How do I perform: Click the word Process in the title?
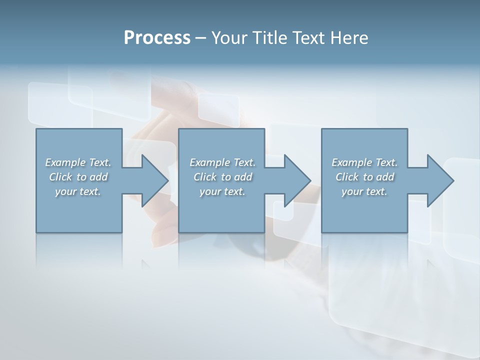[157, 38]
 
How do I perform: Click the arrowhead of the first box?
[154, 180]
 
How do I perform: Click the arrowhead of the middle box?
[296, 180]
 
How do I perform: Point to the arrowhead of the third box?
[439, 180]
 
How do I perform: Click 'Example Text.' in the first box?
[78, 162]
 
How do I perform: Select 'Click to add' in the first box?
[78, 177]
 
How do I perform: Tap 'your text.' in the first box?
[78, 191]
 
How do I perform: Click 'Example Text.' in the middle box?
[222, 162]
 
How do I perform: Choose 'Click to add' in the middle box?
[222, 177]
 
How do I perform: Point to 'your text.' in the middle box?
[222, 191]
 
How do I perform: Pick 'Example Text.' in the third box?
[364, 162]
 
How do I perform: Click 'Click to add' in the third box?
[364, 177]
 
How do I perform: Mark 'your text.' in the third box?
[364, 191]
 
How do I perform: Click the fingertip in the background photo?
[165, 230]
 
